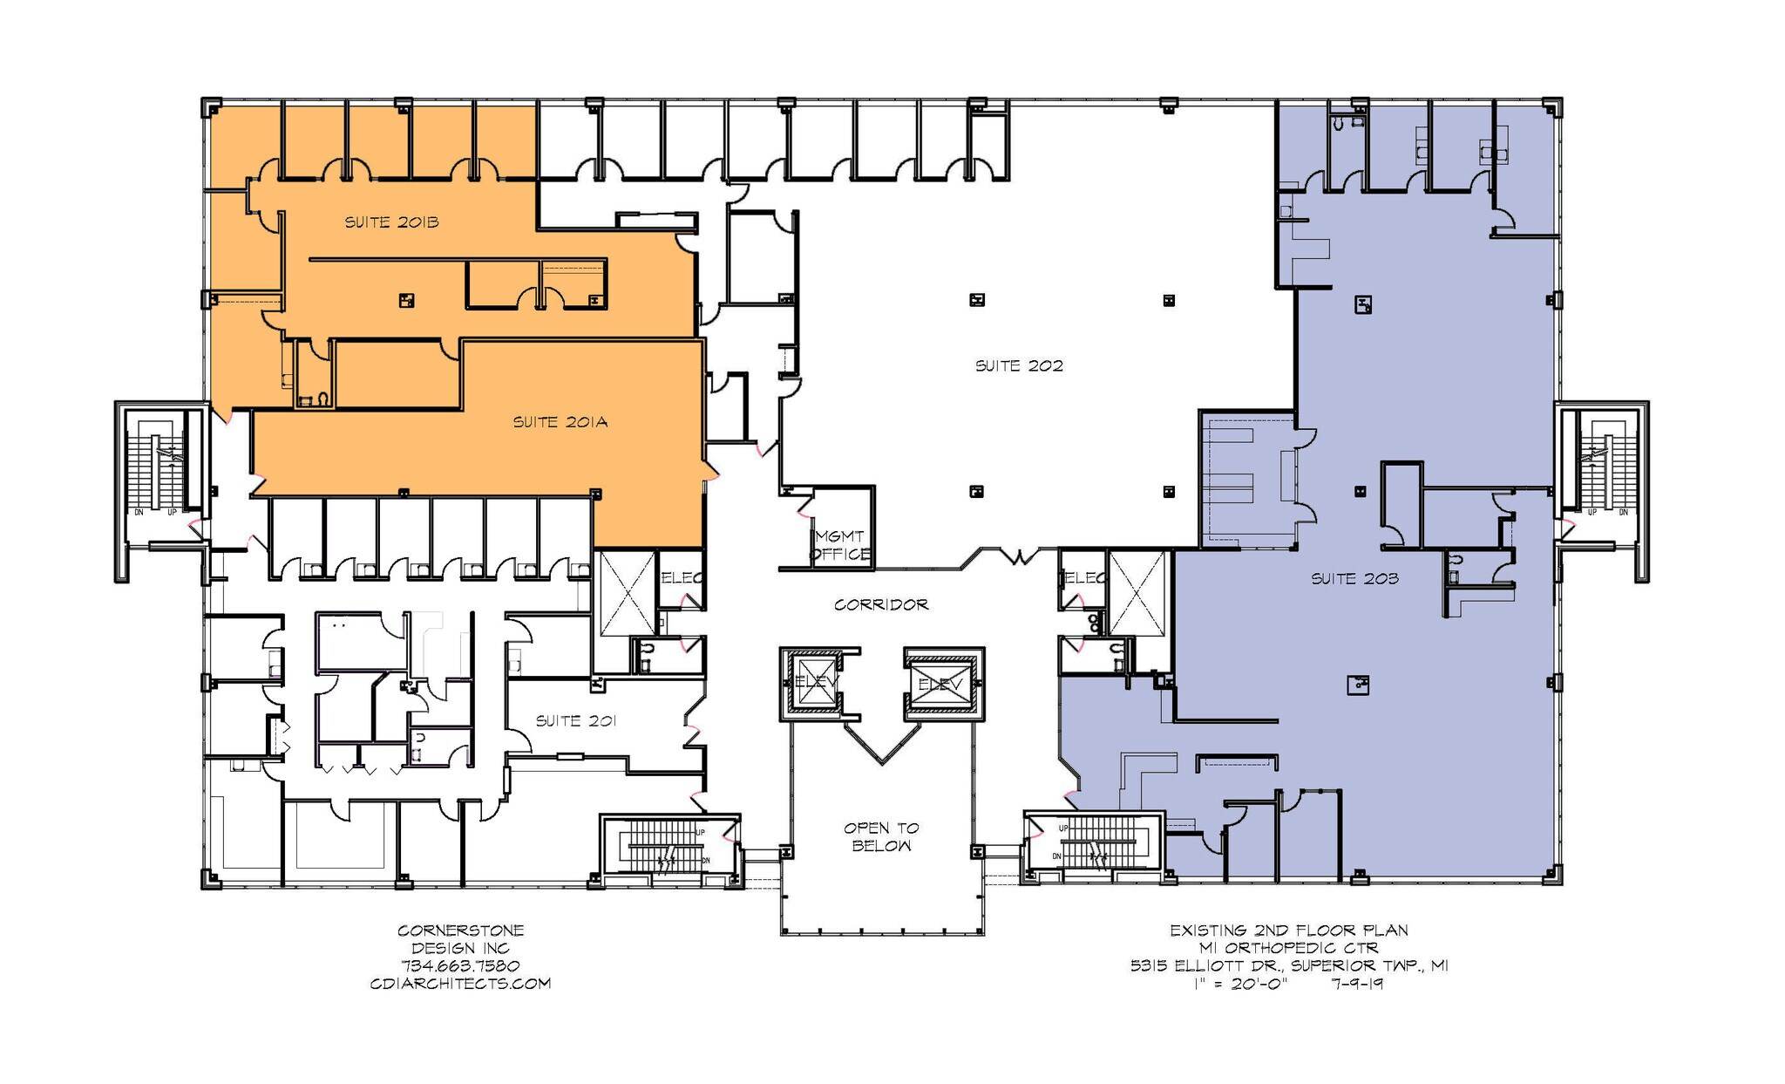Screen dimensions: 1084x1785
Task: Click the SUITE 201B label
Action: (391, 222)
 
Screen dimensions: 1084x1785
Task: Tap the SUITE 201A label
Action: (560, 422)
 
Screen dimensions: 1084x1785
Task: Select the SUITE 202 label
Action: (1019, 366)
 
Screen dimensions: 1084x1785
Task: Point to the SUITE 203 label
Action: (1354, 579)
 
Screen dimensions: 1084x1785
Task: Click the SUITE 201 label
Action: (575, 721)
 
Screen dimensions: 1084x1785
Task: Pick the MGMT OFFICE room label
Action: (840, 546)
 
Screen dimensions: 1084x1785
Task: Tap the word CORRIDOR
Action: (880, 604)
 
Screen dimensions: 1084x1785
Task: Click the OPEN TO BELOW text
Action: (881, 837)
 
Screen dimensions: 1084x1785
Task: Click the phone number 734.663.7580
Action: (460, 966)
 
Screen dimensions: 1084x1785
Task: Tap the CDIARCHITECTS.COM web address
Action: (460, 984)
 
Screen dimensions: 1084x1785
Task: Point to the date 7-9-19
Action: (1358, 984)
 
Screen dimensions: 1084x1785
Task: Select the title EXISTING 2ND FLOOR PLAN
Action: (1289, 931)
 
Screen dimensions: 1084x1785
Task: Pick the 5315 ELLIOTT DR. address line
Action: (1289, 966)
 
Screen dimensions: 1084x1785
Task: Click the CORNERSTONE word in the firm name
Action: (460, 931)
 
